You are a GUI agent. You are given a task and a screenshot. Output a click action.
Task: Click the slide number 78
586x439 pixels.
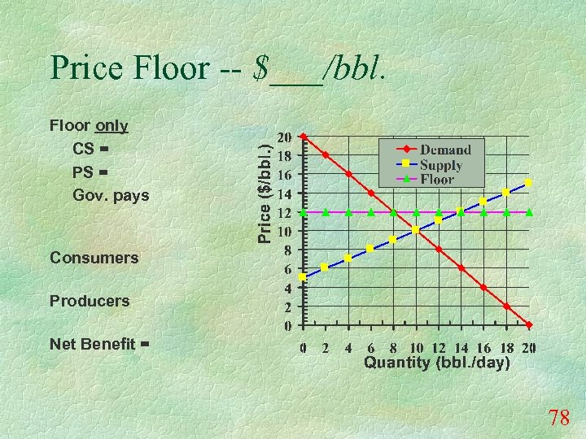pos(558,419)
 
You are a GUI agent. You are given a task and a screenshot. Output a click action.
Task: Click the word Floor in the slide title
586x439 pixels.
pos(172,68)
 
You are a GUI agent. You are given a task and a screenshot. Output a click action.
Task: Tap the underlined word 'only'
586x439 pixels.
pos(112,126)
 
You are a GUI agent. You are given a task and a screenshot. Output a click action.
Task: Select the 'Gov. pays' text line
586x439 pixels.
pos(111,196)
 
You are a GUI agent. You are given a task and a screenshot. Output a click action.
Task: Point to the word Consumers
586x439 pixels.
pos(94,258)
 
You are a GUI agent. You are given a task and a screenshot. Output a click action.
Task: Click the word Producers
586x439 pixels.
pos(90,301)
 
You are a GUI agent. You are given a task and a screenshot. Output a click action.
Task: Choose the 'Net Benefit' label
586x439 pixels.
pos(92,344)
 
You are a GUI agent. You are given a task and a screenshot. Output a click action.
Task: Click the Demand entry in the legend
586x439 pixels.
pos(445,150)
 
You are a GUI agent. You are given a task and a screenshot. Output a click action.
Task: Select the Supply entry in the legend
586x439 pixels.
pos(441,165)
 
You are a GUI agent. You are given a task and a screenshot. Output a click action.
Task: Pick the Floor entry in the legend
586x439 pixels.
pos(437,179)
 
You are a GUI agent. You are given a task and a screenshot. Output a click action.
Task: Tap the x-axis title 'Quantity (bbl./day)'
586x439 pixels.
pos(436,363)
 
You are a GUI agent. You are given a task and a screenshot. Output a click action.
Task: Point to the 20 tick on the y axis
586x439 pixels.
pos(286,137)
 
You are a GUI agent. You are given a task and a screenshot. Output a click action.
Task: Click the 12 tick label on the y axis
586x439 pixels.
pos(286,212)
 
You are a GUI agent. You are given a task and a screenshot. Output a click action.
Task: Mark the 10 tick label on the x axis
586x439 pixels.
pos(415,348)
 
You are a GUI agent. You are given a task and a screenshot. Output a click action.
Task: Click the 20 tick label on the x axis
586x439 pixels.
pos(528,348)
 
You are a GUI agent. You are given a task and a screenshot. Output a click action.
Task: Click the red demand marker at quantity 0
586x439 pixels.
pos(303,137)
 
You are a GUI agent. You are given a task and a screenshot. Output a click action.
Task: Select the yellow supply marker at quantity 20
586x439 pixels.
pos(529,183)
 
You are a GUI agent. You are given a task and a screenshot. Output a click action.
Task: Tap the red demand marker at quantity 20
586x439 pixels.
pos(529,325)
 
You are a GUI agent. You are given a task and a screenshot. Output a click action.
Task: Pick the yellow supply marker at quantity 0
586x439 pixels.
pos(303,277)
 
